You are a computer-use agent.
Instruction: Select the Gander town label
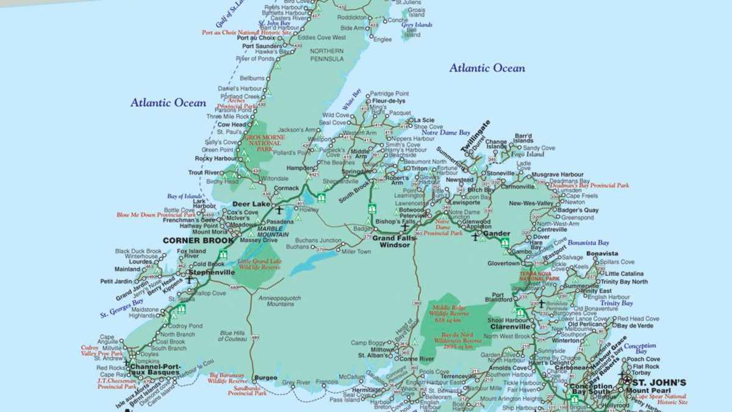tap(496, 234)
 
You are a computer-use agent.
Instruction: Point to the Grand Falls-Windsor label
tap(394, 240)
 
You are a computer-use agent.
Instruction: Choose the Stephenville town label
tap(212, 272)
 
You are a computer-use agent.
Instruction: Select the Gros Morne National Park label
tap(264, 143)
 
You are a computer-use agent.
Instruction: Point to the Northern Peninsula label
tap(327, 54)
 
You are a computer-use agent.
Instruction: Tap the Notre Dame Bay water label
tap(446, 132)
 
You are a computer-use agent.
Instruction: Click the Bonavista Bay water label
tap(588, 242)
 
